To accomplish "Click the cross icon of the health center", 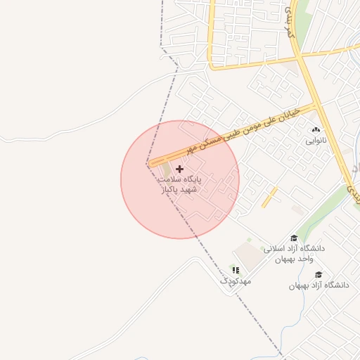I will tap(179, 169).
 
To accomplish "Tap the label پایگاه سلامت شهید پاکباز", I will tap(179, 185).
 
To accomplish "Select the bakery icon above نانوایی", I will tap(315, 130).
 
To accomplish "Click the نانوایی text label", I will tap(315, 140).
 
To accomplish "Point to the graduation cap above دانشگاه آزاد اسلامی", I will tap(294, 238).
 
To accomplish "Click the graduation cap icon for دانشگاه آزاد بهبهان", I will tap(319, 275).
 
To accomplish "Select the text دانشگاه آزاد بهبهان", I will tap(319, 285).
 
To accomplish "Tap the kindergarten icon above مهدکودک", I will tap(236, 270).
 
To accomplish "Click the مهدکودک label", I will tap(236, 281).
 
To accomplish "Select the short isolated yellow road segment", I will tap(269, 197).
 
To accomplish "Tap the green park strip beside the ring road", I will tap(302, 25).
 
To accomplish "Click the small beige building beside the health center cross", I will tap(166, 171).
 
